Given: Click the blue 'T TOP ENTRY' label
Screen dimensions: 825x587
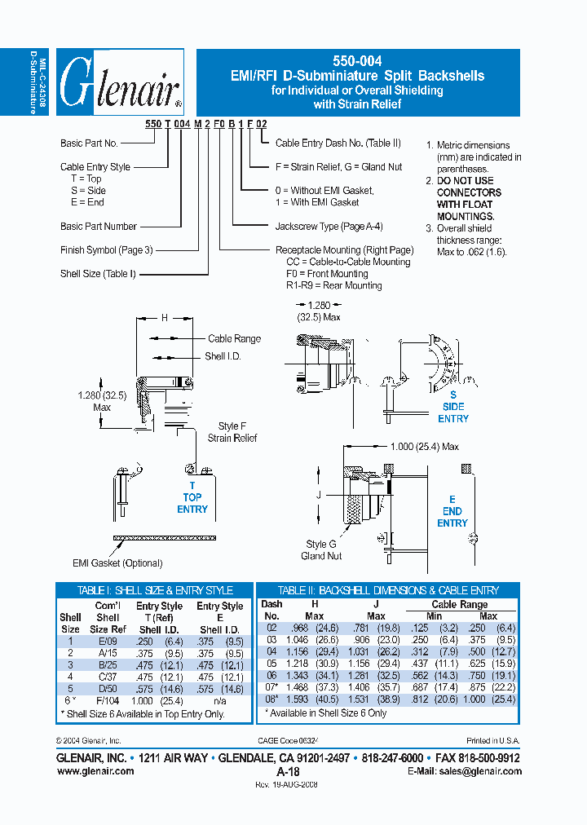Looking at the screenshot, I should coord(192,497).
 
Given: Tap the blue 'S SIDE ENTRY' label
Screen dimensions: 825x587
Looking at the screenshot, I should coord(453,406).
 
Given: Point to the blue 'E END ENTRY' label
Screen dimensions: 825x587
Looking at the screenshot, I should coord(452,511).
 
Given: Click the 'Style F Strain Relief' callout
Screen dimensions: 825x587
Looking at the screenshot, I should coord(232,432).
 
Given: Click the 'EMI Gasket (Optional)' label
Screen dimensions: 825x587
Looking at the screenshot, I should coord(118,563).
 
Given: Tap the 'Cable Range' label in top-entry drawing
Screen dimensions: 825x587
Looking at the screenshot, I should coord(234,338).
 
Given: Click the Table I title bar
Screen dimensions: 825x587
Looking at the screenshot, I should coord(154,590).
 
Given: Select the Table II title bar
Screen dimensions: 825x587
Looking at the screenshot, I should coord(388,590).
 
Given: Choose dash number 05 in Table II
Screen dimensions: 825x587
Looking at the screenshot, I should coord(271,664).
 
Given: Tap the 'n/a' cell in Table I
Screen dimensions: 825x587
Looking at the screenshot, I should coord(219,700).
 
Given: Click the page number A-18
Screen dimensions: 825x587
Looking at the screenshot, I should coord(288,771).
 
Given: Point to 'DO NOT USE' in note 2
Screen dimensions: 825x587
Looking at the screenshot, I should coord(465,181).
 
